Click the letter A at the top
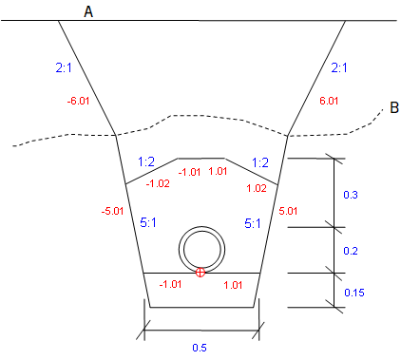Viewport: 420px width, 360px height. [88, 10]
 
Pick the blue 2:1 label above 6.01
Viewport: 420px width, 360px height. [340, 68]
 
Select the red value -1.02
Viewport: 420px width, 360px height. [158, 183]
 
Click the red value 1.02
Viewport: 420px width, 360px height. [256, 188]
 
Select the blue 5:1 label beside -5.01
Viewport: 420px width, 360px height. [149, 224]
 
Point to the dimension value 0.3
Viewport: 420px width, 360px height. [351, 195]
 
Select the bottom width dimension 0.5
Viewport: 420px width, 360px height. [199, 348]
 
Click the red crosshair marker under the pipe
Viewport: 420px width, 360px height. [200, 273]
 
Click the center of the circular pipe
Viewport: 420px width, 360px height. [204, 250]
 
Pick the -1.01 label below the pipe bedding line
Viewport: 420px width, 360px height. [170, 284]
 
